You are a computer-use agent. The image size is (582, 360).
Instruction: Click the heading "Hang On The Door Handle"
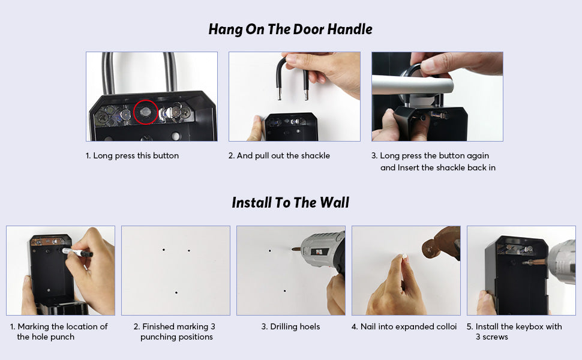290,29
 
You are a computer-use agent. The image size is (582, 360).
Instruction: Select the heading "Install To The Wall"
290,203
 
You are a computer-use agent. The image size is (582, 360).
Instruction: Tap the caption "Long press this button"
136,156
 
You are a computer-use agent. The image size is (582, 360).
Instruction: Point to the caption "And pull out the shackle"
283,156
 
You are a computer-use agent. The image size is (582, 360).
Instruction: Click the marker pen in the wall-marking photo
77,253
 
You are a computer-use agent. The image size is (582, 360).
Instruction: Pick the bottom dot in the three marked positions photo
176,292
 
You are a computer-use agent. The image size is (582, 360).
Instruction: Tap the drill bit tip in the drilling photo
292,249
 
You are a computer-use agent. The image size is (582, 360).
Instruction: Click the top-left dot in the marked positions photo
164,250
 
